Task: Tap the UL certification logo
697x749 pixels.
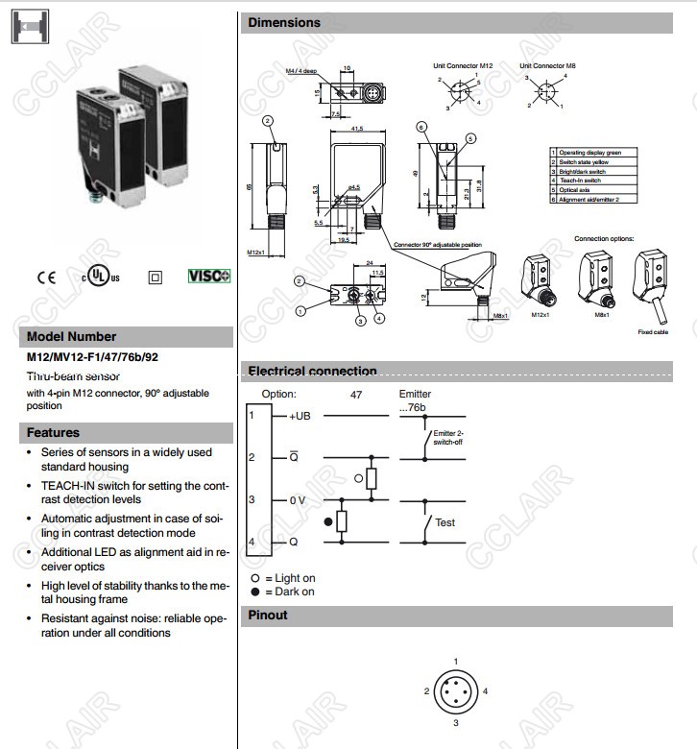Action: tap(101, 278)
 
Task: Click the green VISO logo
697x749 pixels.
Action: tap(208, 277)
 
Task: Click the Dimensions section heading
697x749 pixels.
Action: tap(284, 22)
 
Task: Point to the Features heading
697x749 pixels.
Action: tap(53, 432)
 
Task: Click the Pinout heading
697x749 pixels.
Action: tap(268, 615)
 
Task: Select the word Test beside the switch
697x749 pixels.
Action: tap(445, 522)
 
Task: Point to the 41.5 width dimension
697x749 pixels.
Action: tap(356, 128)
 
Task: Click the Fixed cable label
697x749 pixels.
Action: tap(652, 331)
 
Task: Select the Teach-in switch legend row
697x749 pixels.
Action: tap(586, 180)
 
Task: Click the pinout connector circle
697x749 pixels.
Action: tap(455, 690)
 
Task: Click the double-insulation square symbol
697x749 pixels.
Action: tap(155, 278)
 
